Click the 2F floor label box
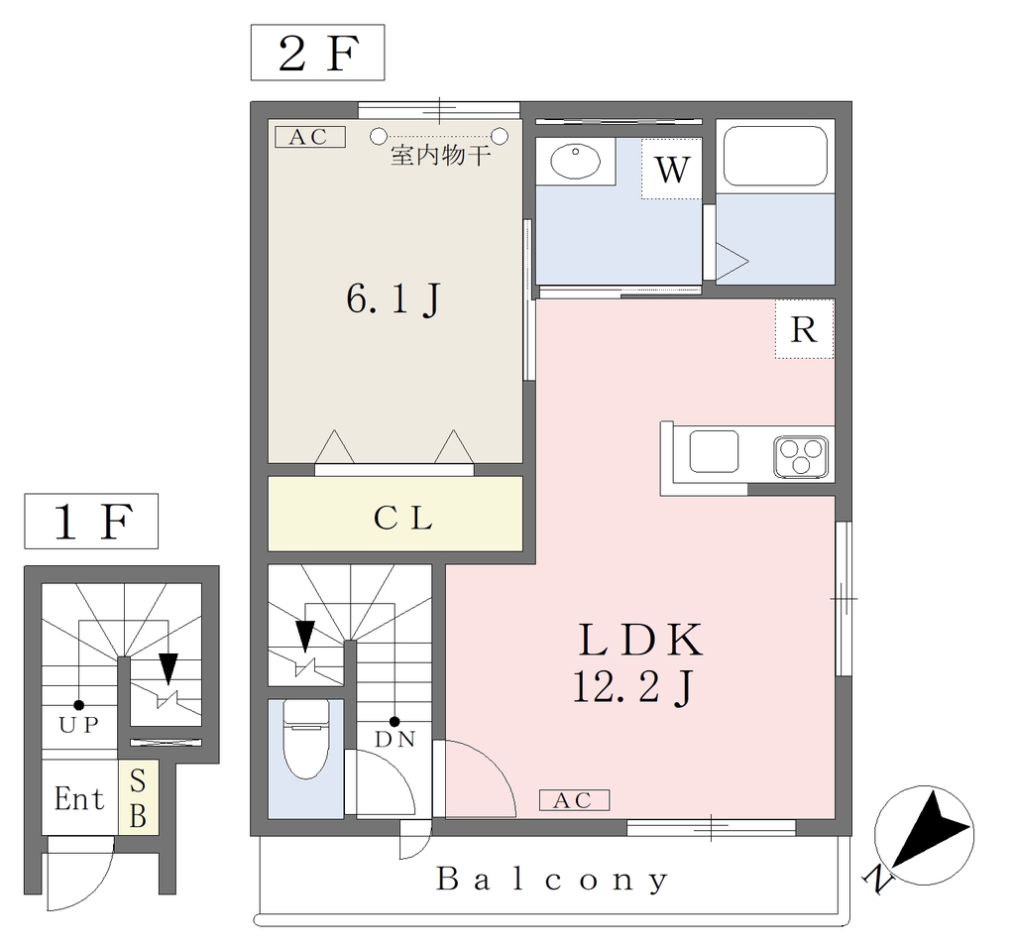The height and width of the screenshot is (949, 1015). click(317, 53)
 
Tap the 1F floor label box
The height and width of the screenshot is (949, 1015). click(90, 521)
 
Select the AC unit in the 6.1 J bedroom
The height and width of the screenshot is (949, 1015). click(310, 137)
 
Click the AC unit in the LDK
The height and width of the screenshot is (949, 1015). click(574, 800)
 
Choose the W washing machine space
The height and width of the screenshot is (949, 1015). click(671, 169)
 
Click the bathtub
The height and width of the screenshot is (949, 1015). click(775, 156)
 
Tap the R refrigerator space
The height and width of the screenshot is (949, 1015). click(804, 329)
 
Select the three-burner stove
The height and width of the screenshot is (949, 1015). click(801, 457)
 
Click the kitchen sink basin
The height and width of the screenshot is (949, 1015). click(714, 451)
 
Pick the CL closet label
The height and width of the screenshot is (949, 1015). click(402, 519)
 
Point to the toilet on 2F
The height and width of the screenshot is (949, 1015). click(306, 739)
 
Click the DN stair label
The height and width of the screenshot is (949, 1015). click(395, 739)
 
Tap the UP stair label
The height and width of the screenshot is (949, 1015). click(79, 724)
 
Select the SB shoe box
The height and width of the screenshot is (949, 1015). click(138, 797)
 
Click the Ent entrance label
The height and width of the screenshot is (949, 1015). click(79, 798)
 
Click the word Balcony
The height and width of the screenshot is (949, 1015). click(552, 879)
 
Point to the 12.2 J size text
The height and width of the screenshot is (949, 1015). click(633, 686)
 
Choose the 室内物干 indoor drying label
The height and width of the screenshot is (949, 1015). click(440, 156)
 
